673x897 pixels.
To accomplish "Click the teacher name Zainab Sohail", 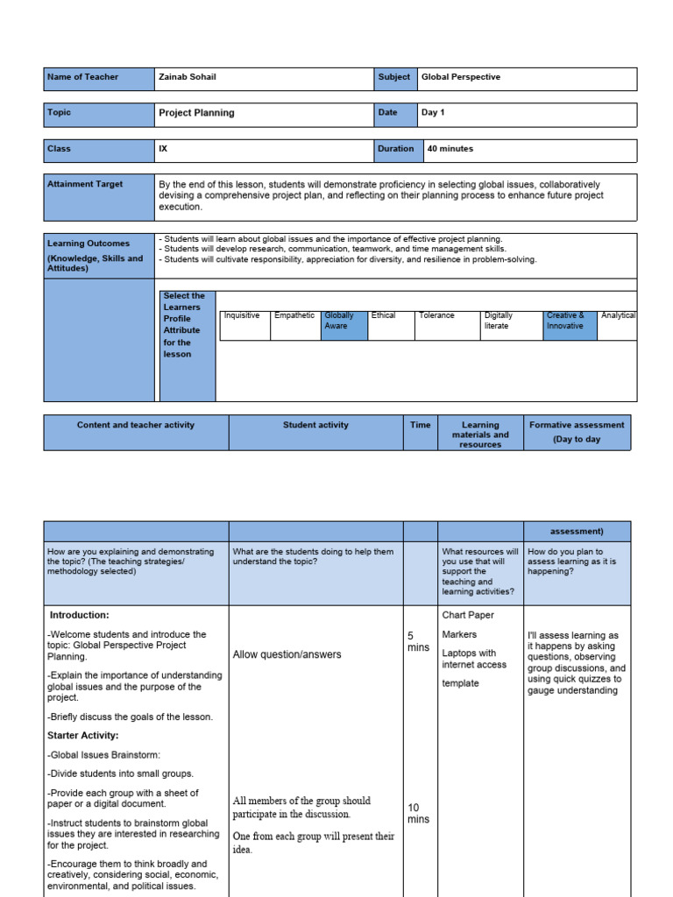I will [188, 77].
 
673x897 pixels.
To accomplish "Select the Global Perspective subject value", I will [461, 77].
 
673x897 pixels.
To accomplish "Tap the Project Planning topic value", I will [196, 113].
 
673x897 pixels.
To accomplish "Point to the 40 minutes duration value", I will [450, 149].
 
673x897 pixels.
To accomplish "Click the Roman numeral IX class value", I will [163, 149].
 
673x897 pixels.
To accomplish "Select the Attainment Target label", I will [85, 185].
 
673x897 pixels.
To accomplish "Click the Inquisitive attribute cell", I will [242, 315].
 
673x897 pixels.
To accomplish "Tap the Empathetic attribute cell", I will [294, 315].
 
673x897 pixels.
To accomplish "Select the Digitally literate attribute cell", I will [499, 321].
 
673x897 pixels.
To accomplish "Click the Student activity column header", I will [315, 425].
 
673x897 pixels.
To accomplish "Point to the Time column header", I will [421, 425].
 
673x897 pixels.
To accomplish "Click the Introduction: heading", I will [80, 615].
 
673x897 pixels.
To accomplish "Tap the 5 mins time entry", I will [418, 641].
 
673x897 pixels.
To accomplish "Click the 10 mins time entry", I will [418, 813].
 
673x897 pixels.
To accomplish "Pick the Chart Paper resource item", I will [469, 615].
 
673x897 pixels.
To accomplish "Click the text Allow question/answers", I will [287, 654].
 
